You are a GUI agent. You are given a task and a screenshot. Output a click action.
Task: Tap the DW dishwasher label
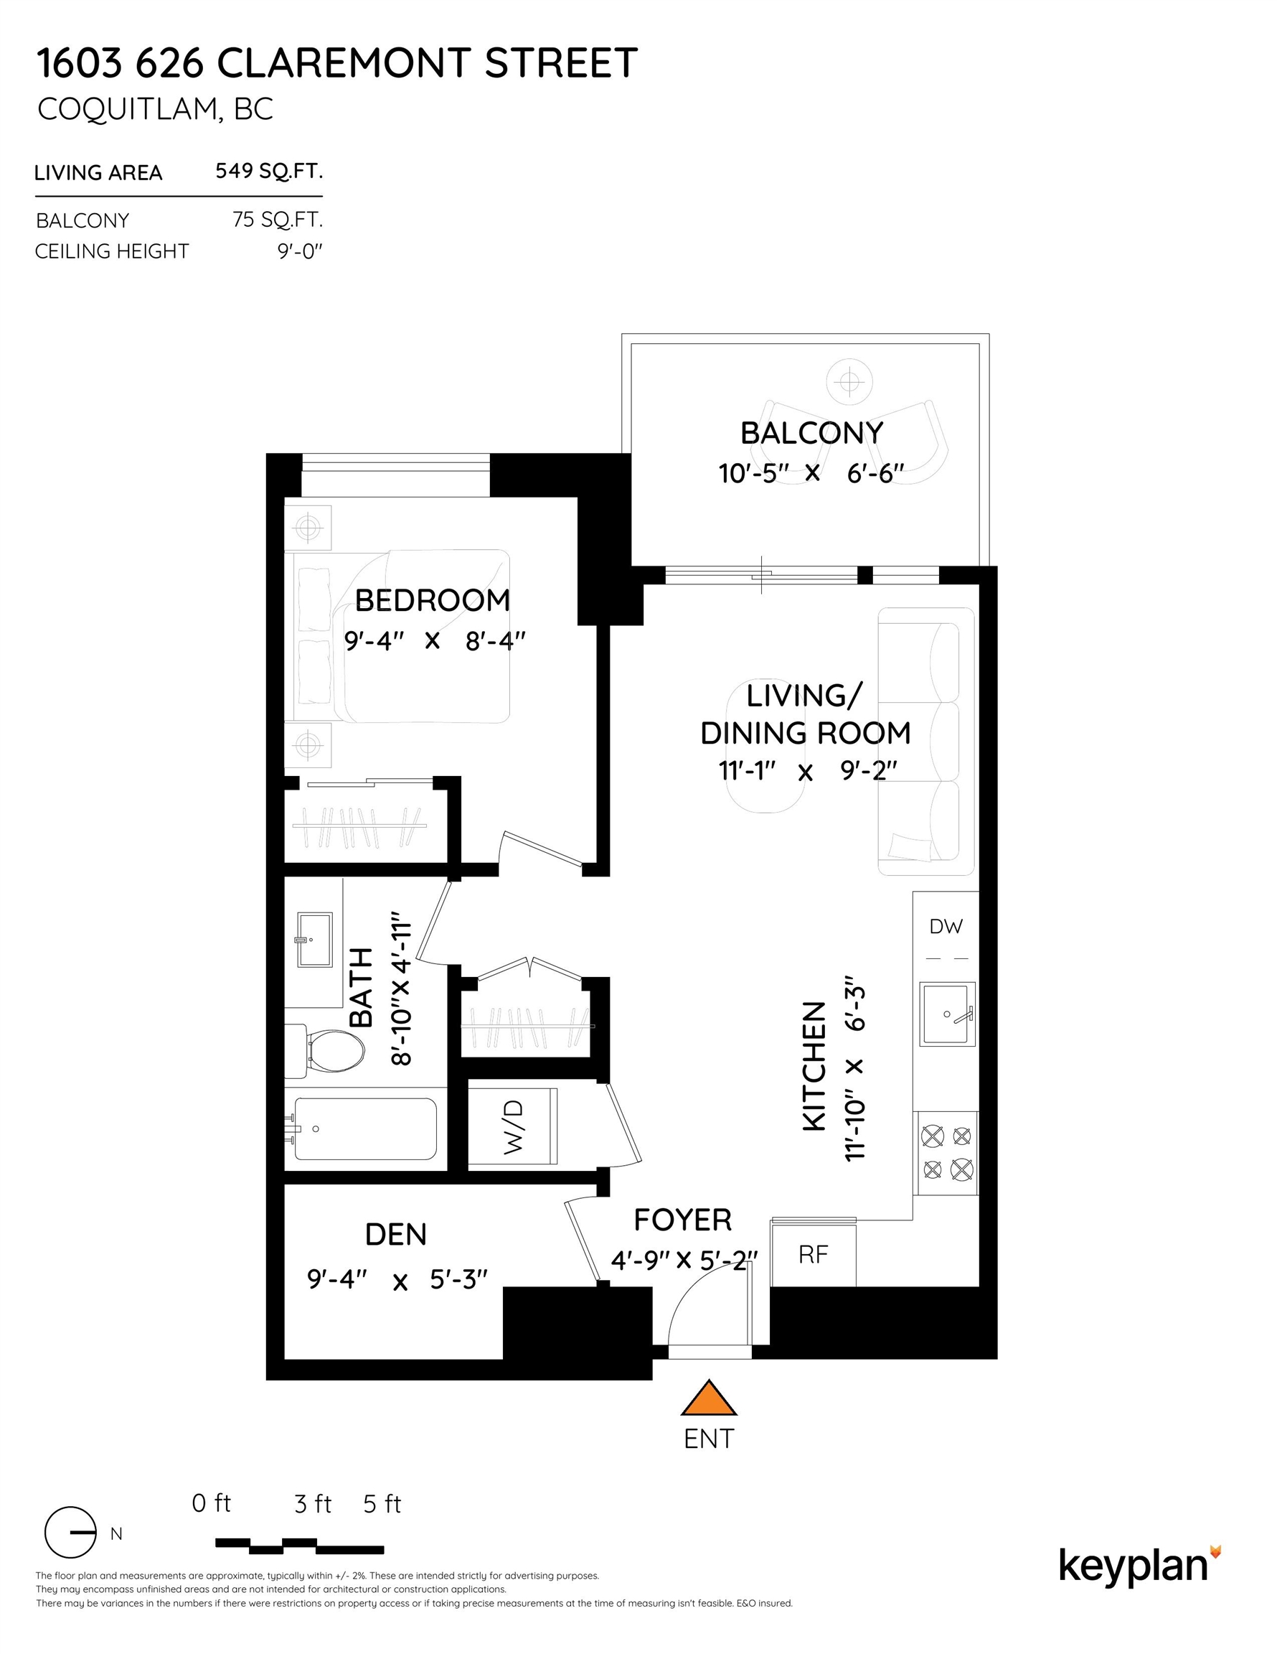point(946,926)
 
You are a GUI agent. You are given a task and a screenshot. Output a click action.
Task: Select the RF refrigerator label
point(813,1255)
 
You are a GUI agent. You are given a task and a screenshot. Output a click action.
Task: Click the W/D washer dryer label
point(513,1128)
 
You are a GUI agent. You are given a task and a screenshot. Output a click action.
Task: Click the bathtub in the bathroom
point(366,1129)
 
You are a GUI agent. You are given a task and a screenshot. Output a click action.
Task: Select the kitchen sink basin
point(946,1014)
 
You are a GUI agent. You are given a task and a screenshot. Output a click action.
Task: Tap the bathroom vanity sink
point(314,940)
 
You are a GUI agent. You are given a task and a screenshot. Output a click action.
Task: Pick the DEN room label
point(396,1235)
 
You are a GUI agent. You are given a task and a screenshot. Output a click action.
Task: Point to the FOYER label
point(683,1220)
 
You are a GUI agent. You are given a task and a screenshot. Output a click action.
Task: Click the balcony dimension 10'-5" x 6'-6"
point(811,473)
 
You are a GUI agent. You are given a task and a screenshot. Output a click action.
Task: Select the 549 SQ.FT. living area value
point(269,171)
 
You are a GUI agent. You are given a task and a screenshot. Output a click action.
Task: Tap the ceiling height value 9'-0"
point(300,251)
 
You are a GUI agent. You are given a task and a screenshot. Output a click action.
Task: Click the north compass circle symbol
point(70,1533)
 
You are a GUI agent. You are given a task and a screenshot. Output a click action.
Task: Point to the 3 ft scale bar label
point(313,1503)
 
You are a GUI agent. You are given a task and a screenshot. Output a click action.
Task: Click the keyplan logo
point(1139,1567)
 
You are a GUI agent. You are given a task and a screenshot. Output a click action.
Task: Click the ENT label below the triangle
point(709,1439)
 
